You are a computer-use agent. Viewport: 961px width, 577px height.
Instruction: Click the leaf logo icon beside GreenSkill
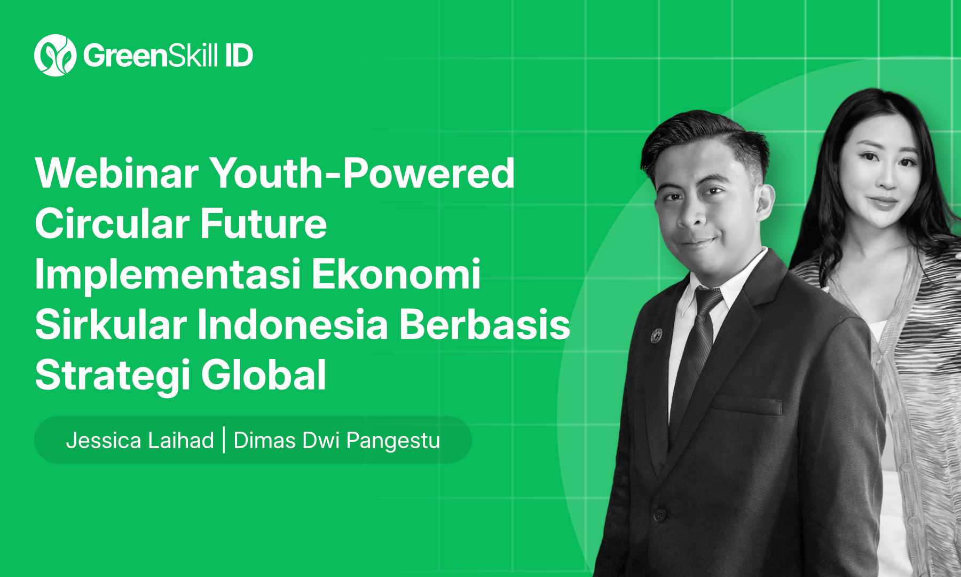coord(55,56)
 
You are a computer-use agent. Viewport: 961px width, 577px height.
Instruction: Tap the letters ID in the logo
coord(239,56)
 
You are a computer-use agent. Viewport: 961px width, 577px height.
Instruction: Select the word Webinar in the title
coord(117,173)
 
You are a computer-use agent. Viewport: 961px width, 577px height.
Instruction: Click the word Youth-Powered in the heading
coord(363,173)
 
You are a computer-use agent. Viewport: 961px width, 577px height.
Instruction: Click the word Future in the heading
coord(263,223)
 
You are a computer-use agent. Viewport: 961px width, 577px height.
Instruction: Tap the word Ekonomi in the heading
coord(396,274)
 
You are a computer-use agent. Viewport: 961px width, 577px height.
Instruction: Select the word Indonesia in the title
coord(293,324)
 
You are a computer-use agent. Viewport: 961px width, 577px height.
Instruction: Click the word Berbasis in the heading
coord(485,324)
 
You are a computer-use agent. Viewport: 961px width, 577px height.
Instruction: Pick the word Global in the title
coord(263,375)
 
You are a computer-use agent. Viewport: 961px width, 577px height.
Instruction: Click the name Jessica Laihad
coord(140,441)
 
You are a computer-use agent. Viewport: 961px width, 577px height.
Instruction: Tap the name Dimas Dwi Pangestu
coord(336,441)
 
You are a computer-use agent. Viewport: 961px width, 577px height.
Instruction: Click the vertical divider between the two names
coord(224,440)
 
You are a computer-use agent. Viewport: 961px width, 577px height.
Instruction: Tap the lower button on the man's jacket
coord(659,514)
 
